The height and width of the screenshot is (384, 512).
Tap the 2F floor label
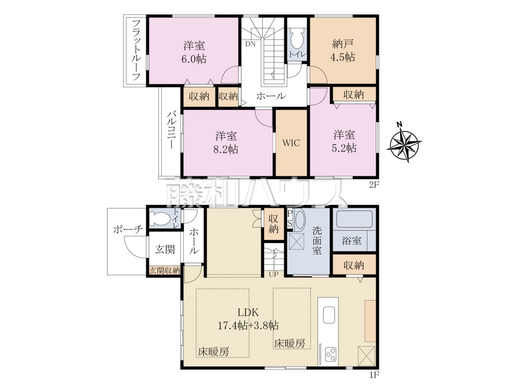373,185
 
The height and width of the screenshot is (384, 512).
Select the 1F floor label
374,375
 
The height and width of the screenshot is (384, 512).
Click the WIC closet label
291,143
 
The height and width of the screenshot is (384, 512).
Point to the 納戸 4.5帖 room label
342,50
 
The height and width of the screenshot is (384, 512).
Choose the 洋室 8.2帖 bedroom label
226,143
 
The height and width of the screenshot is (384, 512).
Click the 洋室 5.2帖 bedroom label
344,142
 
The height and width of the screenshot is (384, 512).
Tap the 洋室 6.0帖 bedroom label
194,52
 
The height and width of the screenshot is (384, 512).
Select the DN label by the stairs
250,44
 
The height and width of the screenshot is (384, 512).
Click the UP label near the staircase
273,274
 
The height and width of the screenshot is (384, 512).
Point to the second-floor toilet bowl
297,38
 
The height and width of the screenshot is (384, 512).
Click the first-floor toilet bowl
160,219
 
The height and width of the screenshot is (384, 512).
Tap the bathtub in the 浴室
354,219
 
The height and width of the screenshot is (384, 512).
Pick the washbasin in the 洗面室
300,220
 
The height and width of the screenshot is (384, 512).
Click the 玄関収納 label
165,270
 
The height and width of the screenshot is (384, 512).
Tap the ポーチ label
128,230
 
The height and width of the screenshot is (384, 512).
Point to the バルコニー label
171,130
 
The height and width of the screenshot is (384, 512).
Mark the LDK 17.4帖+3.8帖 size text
248,326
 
